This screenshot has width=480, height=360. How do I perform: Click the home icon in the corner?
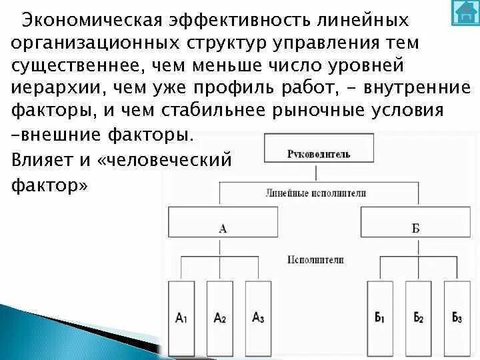tap(465, 13)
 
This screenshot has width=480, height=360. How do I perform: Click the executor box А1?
tap(181, 317)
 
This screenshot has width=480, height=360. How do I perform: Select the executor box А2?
tap(219, 317)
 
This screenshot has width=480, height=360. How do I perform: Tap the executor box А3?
tap(258, 317)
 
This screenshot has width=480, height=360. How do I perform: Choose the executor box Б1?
tap(380, 317)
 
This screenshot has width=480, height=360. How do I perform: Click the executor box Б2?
tap(419, 317)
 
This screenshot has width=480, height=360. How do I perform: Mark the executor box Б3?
tap(457, 317)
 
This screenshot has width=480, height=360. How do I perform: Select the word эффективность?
tap(227, 19)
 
